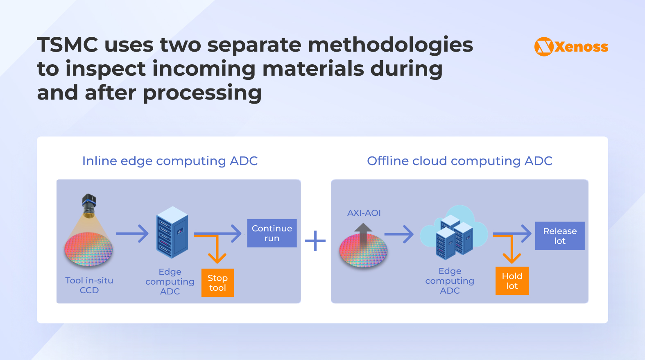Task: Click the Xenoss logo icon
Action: click(544, 47)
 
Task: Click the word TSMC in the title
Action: click(68, 45)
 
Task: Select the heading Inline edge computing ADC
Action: click(170, 161)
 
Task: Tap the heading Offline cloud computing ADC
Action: click(459, 161)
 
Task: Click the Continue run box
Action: click(272, 233)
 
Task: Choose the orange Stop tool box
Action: click(217, 283)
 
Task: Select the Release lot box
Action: click(560, 236)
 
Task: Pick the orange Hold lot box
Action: click(512, 281)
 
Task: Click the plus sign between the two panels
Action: click(315, 241)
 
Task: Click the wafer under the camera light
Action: click(88, 249)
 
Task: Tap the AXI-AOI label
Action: click(364, 213)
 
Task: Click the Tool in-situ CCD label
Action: click(89, 285)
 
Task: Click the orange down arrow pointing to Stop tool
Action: click(217, 252)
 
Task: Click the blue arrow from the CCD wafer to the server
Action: click(132, 233)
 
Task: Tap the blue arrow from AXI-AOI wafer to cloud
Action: click(399, 234)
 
